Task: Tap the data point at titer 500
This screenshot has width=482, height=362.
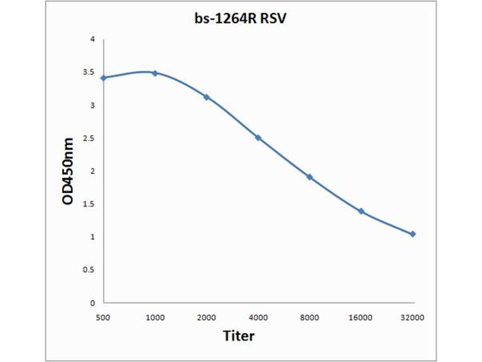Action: click(x=104, y=78)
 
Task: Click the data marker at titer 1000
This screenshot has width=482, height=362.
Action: click(x=155, y=73)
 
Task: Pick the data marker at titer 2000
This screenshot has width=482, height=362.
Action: click(x=207, y=97)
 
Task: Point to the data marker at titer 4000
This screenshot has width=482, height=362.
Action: click(x=258, y=138)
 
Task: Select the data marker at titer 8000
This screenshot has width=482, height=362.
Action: click(x=310, y=177)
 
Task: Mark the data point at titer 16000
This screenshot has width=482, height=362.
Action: click(x=361, y=211)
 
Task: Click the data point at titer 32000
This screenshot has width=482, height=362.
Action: click(x=413, y=234)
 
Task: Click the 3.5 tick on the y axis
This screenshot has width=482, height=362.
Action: click(x=89, y=72)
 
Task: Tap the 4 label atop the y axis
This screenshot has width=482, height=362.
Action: click(x=92, y=40)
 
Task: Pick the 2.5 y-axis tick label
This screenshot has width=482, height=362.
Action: click(x=89, y=138)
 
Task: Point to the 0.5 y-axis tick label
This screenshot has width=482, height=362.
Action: click(x=89, y=270)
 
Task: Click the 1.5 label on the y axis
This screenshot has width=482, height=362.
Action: click(x=89, y=204)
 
